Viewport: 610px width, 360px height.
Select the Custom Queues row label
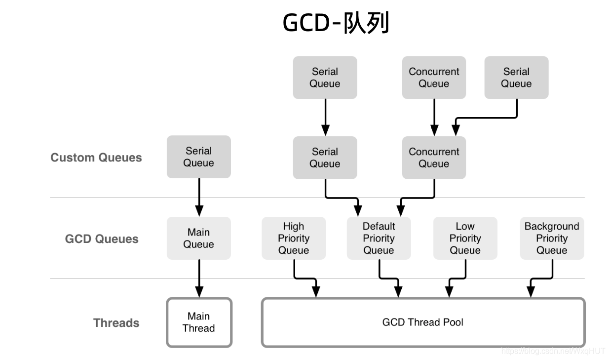(96, 158)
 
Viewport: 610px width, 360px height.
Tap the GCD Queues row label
(102, 239)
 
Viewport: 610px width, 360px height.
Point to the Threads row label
(116, 323)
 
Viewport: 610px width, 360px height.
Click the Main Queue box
(198, 238)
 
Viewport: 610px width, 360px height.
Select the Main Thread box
(199, 322)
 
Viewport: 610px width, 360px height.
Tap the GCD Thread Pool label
(423, 322)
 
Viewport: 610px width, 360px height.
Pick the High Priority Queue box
(294, 238)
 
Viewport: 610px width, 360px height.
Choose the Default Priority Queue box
(379, 238)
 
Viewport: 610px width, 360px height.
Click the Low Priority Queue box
(465, 238)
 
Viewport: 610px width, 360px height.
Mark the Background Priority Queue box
(552, 238)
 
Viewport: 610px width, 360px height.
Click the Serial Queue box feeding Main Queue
(198, 157)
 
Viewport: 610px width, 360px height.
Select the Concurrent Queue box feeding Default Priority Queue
(434, 158)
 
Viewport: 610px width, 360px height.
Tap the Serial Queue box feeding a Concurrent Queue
(516, 78)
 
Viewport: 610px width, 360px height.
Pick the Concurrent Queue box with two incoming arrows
(434, 158)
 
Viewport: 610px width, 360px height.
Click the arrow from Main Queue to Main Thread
(199, 278)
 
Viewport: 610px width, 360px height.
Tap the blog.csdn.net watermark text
(553, 351)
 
